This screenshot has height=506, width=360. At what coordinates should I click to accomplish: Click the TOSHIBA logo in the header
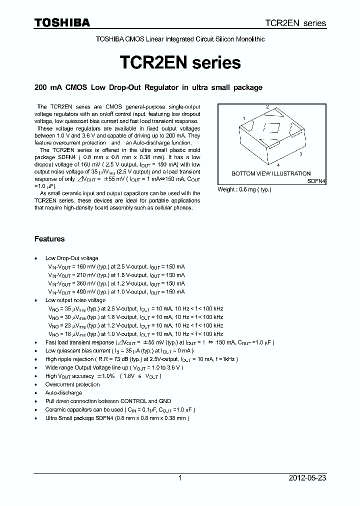(x=62, y=22)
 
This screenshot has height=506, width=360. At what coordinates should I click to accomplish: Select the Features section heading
(x=49, y=239)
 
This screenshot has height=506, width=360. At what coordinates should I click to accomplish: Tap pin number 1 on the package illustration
(x=243, y=118)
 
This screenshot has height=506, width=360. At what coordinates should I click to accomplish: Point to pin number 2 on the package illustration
(x=267, y=107)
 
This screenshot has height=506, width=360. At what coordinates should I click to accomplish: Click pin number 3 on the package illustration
(x=300, y=154)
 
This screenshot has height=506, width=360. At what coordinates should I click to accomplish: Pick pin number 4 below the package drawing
(x=278, y=164)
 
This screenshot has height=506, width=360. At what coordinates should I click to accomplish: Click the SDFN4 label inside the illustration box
(x=316, y=181)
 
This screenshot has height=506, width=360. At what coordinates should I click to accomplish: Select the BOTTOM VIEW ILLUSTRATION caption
(x=270, y=173)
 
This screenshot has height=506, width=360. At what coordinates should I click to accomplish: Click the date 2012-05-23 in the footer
(x=307, y=478)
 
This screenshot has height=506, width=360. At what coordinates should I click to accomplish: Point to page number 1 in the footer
(x=180, y=478)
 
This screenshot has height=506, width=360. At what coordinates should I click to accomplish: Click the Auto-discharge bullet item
(x=63, y=392)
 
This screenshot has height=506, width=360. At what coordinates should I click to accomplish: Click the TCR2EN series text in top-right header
(x=295, y=23)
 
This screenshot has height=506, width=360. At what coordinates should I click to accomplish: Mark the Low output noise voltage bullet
(x=75, y=300)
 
